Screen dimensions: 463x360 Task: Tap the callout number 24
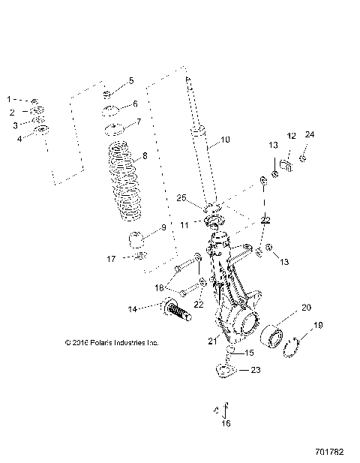[310, 134]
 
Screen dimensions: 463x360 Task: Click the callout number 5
[131, 80]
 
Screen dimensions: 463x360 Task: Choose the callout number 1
[10, 99]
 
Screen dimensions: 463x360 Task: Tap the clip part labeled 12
[286, 164]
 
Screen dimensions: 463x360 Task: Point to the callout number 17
[111, 260]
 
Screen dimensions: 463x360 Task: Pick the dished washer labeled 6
[112, 113]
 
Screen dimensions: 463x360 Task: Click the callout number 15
[249, 353]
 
